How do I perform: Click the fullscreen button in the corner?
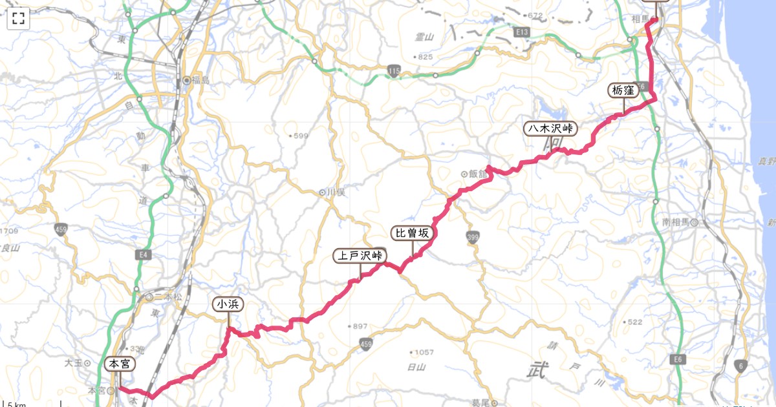coord(18,18)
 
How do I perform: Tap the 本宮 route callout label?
coord(120,364)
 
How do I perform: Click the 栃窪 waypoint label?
coord(623,90)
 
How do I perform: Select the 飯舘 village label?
coord(478,174)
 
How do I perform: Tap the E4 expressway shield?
coord(144,255)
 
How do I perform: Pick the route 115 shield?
coord(394,70)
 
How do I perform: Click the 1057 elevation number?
coord(424,353)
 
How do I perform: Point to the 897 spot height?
coord(360,326)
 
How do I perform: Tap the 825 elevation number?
coord(425,57)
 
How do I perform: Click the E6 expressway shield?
coord(678,359)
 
